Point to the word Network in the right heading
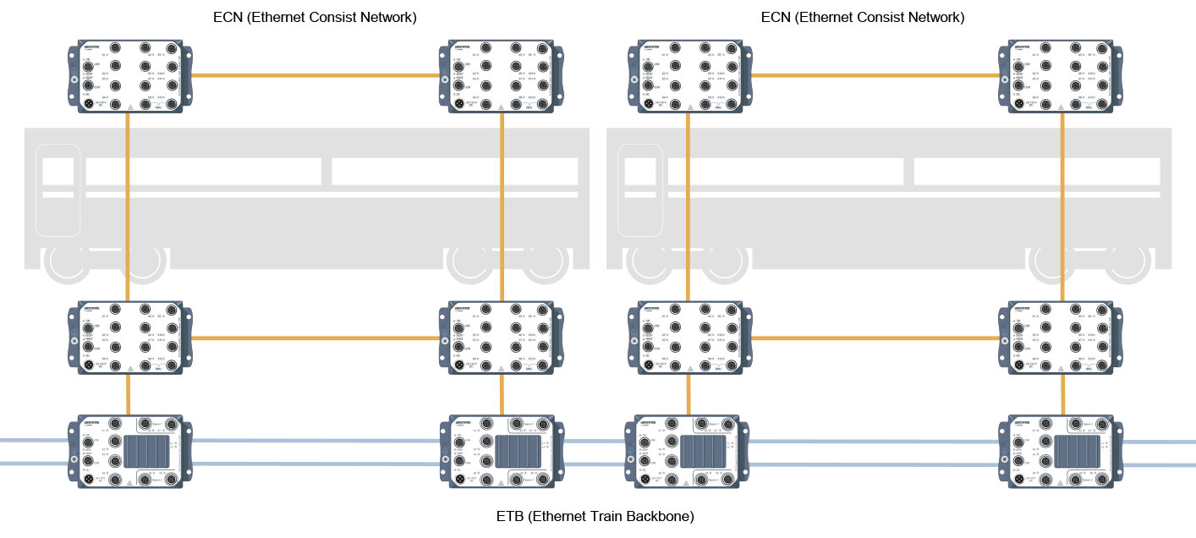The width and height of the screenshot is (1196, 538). click(930, 17)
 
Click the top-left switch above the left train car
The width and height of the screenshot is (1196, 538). click(128, 76)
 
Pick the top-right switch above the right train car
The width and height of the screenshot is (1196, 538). click(1062, 76)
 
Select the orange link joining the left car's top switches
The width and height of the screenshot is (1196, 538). click(315, 76)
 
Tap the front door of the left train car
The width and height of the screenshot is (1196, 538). click(58, 189)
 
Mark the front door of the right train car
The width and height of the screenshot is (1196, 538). click(639, 189)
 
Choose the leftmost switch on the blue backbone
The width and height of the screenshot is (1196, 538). click(129, 452)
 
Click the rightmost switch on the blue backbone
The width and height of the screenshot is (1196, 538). click(1062, 452)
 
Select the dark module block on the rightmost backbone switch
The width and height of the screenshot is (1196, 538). click(1077, 452)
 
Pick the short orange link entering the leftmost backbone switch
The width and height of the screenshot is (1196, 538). click(128, 394)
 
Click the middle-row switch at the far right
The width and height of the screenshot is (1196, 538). click(1062, 338)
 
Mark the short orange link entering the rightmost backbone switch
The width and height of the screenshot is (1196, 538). click(1062, 394)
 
